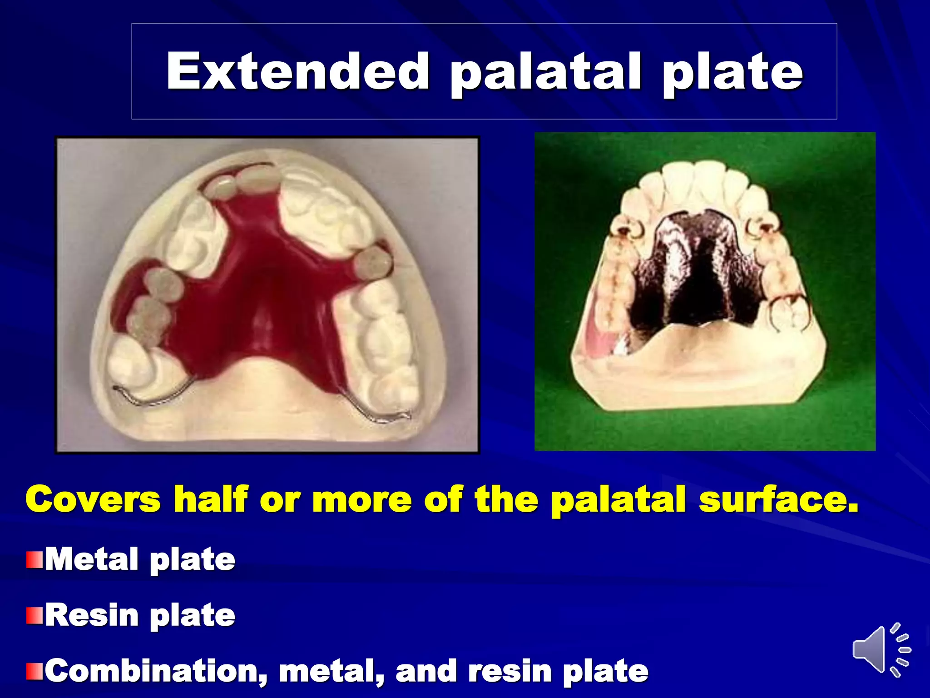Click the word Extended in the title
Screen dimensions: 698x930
click(297, 72)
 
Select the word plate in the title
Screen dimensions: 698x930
click(732, 73)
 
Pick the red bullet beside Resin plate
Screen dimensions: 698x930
click(34, 616)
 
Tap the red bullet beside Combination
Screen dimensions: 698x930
click(34, 672)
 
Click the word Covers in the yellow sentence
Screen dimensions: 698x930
click(93, 499)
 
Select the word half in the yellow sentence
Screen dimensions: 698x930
click(211, 499)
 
